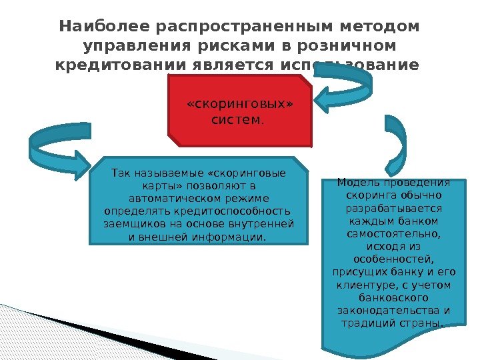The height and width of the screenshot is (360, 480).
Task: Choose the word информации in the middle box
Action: [231, 235]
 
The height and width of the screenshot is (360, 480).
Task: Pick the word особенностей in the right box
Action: [392, 258]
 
